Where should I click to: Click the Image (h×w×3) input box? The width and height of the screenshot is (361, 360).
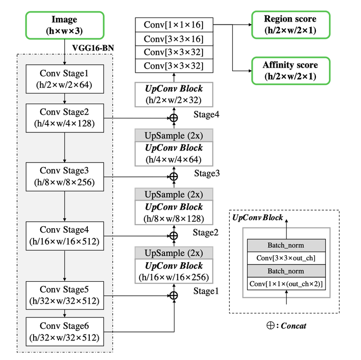64,26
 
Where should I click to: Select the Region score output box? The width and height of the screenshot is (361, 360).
290,25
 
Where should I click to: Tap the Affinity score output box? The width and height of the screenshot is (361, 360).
290,71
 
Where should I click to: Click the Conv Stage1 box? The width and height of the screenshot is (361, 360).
64,79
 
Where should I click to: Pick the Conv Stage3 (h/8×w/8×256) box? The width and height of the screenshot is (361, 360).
64,176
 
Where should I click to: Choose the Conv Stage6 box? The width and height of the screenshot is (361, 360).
64,331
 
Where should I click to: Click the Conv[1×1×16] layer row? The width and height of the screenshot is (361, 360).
174,24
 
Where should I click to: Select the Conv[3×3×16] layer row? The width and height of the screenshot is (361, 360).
174,38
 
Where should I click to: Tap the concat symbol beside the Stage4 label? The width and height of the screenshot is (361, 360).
174,118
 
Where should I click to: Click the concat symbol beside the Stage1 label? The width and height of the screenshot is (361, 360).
174,295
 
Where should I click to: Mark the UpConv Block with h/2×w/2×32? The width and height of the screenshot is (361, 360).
174,93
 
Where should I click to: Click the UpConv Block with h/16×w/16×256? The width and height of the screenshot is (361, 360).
174,271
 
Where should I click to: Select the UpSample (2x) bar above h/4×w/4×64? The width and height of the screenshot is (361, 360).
174,135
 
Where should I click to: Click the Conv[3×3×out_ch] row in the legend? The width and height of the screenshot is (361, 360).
286,258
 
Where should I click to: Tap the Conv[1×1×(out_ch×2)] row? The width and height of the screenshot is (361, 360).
286,284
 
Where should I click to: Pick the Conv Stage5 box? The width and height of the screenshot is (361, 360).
64,295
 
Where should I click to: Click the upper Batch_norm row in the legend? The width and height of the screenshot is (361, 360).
286,245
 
